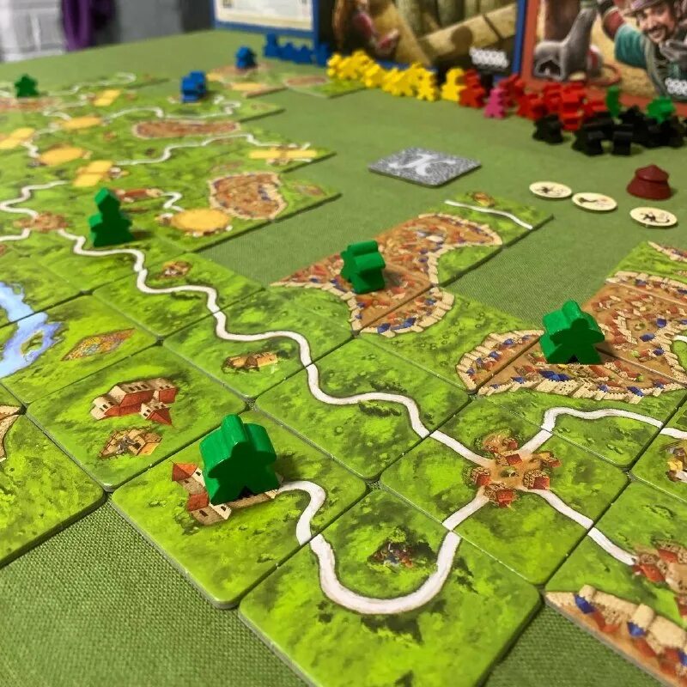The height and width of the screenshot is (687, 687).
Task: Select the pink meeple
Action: (496, 104)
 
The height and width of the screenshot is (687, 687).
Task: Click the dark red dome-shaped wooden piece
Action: (648, 181)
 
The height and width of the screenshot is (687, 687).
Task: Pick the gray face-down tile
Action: (423, 165)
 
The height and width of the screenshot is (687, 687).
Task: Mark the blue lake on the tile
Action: (21, 331)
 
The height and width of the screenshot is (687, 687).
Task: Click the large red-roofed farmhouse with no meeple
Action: (137, 400)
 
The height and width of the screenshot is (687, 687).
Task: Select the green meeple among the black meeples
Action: (660, 109)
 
